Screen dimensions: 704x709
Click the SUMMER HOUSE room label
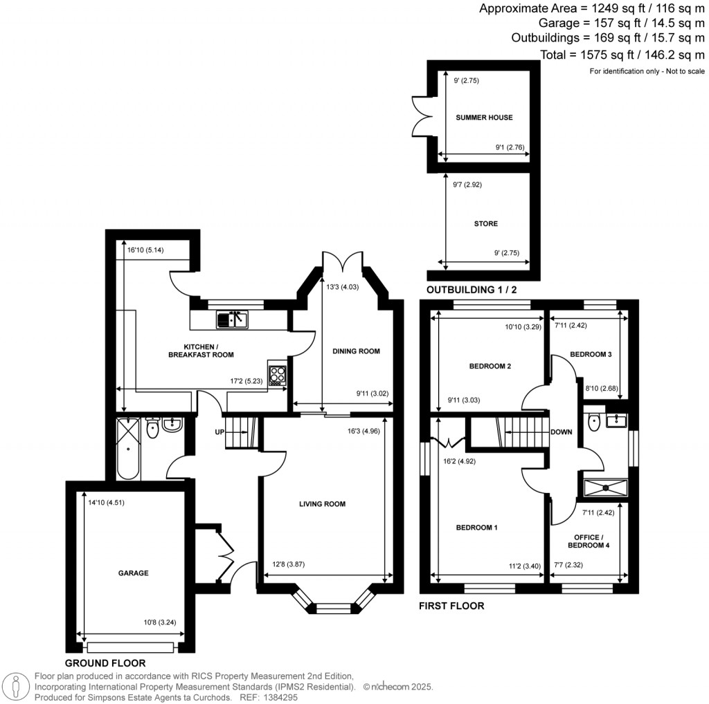484,118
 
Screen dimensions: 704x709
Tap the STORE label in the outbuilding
486,224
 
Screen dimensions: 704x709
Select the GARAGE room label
134,573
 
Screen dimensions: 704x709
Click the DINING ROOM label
357,351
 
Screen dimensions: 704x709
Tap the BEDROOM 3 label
591,355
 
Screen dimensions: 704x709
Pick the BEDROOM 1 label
476,528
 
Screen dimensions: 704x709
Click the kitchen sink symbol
231,319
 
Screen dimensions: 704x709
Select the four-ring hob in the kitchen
278,374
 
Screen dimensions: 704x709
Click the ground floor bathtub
128,448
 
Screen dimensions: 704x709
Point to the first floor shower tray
607,488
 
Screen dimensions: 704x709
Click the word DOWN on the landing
561,433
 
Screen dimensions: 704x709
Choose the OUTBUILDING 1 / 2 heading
472,290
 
